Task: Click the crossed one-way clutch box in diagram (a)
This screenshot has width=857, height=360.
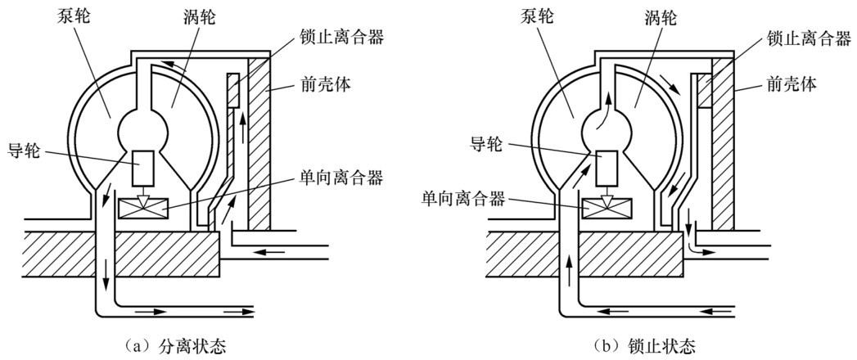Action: point(141,209)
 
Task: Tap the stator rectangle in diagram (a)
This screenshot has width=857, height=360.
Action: point(142,169)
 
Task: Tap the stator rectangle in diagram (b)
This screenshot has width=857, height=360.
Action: point(606,169)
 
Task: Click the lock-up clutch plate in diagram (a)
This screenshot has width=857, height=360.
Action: point(234,89)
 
